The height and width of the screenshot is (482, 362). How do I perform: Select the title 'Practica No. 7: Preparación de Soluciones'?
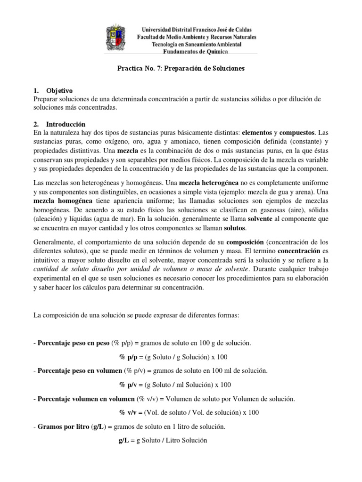[x=181, y=69]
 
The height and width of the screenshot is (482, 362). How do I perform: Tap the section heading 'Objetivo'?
[x=59, y=90]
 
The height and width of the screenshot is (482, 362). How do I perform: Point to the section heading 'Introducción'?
[x=66, y=125]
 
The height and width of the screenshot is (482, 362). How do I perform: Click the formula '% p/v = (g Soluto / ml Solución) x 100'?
[x=175, y=385]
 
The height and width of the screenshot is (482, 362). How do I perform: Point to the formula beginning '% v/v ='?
[x=189, y=413]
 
